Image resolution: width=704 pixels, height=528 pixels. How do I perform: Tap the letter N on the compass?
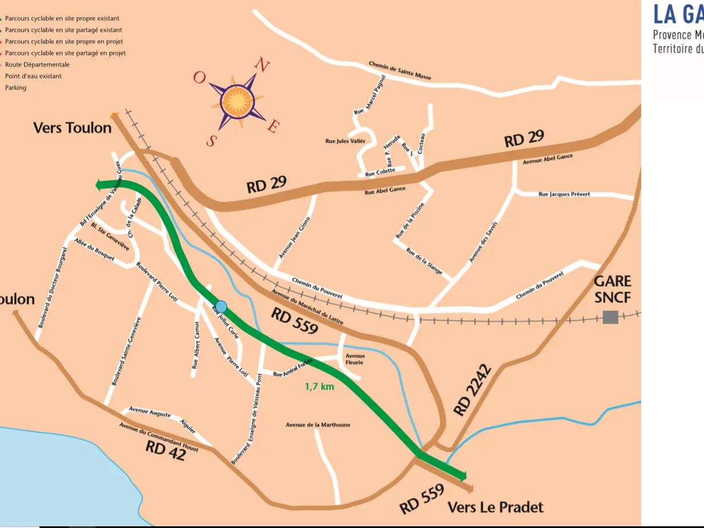pyautogui.click(x=262, y=65)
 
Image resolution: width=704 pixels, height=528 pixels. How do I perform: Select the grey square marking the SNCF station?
pyautogui.click(x=610, y=317)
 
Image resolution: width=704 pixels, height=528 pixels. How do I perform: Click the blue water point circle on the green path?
pyautogui.click(x=221, y=306)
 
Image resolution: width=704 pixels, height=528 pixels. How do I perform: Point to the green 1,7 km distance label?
pyautogui.click(x=319, y=387)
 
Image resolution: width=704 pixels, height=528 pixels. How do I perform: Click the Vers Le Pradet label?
pyautogui.click(x=495, y=507)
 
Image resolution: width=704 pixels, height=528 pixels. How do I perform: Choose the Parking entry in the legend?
pyautogui.click(x=15, y=88)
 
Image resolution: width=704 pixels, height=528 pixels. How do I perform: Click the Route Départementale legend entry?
pyautogui.click(x=37, y=65)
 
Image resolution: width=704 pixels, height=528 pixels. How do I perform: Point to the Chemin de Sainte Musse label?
pyautogui.click(x=399, y=70)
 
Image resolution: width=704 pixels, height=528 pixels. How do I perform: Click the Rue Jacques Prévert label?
pyautogui.click(x=564, y=194)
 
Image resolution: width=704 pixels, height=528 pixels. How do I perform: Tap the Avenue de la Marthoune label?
pyautogui.click(x=318, y=425)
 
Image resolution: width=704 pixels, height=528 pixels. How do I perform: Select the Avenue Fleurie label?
pyautogui.click(x=354, y=359)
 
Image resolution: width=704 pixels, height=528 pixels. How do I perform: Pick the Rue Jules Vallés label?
pyautogui.click(x=345, y=141)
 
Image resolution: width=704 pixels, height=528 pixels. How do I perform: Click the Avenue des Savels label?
pyautogui.click(x=483, y=242)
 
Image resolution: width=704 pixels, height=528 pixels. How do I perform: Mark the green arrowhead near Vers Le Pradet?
pyautogui.click(x=462, y=475)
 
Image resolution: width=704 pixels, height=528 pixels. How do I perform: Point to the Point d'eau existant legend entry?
pyautogui.click(x=33, y=76)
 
